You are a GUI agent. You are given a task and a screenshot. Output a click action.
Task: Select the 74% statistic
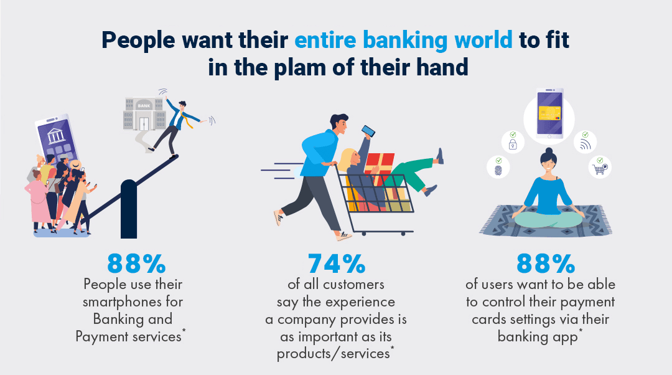click(x=337, y=263)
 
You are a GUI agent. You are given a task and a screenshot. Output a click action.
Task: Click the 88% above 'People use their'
click(x=136, y=263)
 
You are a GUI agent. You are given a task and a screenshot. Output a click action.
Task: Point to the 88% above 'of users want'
click(x=546, y=263)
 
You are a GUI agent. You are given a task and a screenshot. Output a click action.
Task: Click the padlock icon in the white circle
click(x=513, y=144)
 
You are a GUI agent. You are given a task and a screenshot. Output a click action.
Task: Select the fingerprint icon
click(x=498, y=169)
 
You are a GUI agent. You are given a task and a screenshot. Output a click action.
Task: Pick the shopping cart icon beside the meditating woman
click(x=600, y=169)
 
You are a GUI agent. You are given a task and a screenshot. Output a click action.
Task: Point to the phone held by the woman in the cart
click(x=368, y=131)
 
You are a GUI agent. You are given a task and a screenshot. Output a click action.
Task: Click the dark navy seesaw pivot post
click(x=129, y=209)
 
